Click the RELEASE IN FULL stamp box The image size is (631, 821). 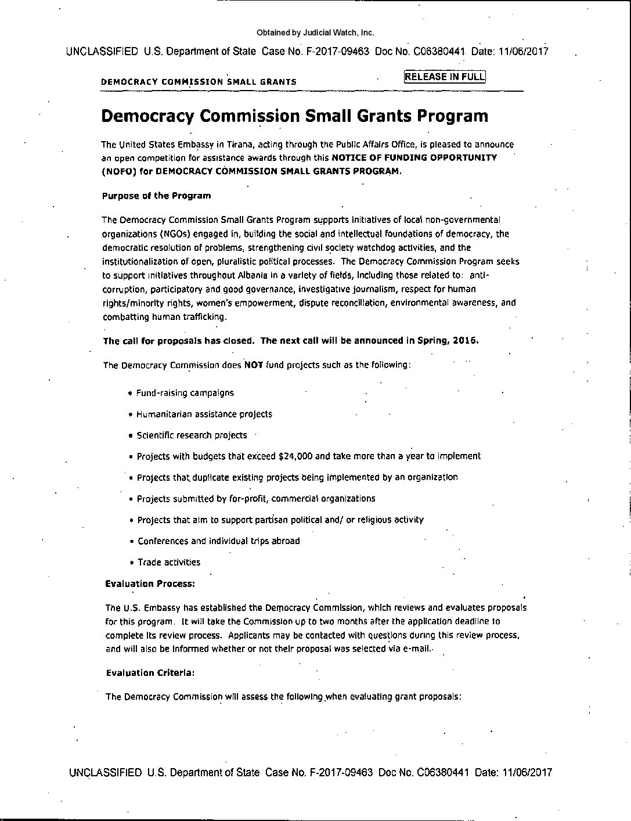pyautogui.click(x=445, y=77)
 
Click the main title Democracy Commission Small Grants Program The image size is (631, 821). pyautogui.click(x=294, y=116)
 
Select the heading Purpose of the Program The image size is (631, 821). pyautogui.click(x=156, y=196)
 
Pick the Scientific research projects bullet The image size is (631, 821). pyautogui.click(x=192, y=435)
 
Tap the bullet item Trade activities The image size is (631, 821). pyautogui.click(x=169, y=562)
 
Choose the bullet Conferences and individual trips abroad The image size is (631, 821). pyautogui.click(x=219, y=541)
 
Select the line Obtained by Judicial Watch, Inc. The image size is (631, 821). pyautogui.click(x=315, y=33)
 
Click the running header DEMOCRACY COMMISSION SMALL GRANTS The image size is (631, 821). pyautogui.click(x=199, y=82)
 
